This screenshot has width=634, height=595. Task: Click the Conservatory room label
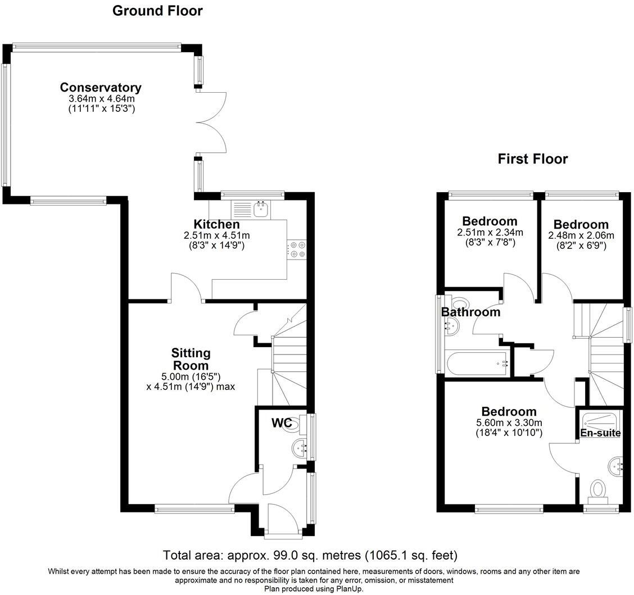(x=101, y=87)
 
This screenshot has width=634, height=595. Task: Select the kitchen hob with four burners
(x=296, y=249)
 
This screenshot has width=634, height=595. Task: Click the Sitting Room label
(x=191, y=359)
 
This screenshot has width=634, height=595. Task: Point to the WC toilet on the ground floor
(x=296, y=425)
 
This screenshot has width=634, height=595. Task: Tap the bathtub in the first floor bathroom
(x=477, y=363)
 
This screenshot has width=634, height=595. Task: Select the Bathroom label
(x=470, y=312)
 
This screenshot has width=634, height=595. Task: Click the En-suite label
(x=600, y=433)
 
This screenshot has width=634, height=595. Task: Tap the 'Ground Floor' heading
(x=157, y=11)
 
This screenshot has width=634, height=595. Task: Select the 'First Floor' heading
(x=532, y=159)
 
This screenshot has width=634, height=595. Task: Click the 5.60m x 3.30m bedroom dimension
(x=509, y=423)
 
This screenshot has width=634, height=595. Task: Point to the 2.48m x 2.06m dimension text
(x=581, y=235)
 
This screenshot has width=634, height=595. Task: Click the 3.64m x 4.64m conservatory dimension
(x=102, y=99)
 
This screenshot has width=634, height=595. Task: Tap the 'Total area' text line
(x=310, y=555)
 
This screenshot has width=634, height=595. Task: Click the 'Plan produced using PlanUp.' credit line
(x=314, y=589)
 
